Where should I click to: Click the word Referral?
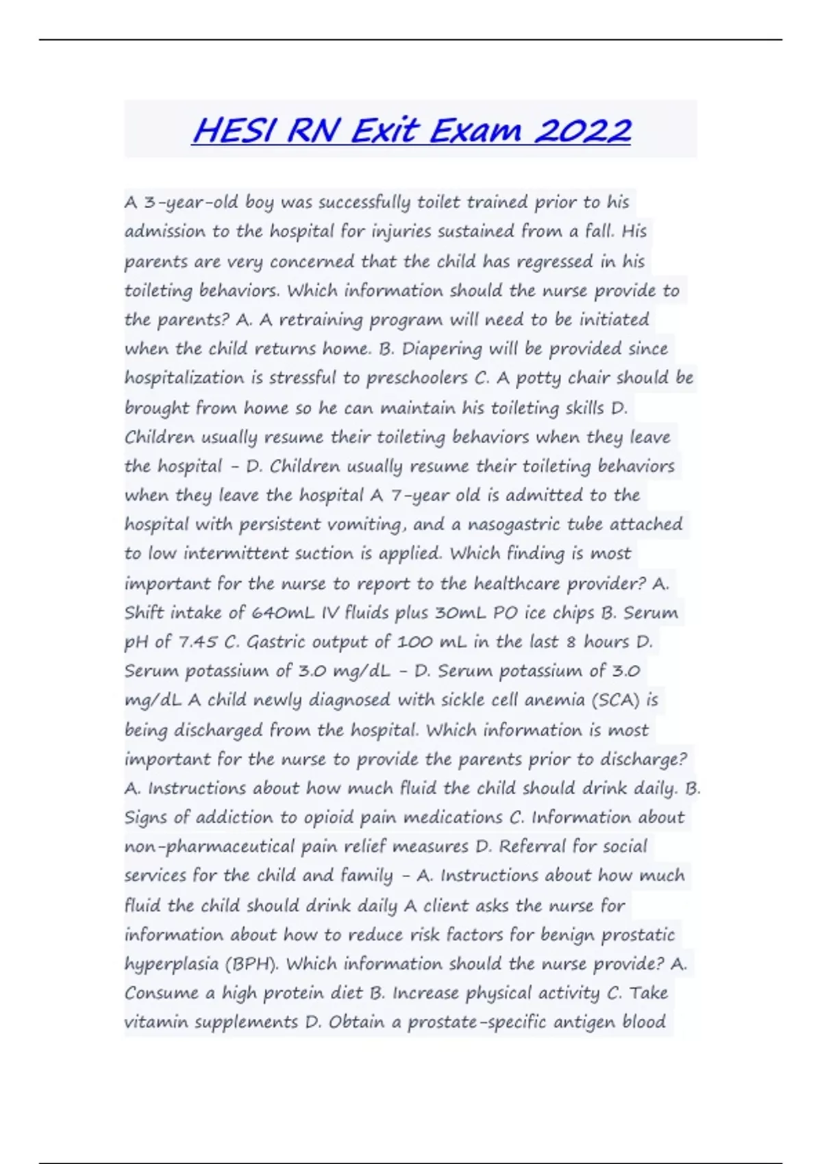(532, 847)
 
